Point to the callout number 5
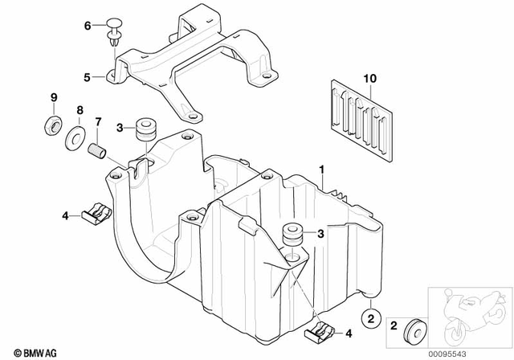click(88, 78)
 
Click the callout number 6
click(88, 26)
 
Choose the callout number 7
click(97, 122)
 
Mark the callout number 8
click(53, 97)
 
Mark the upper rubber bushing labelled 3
click(146, 129)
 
